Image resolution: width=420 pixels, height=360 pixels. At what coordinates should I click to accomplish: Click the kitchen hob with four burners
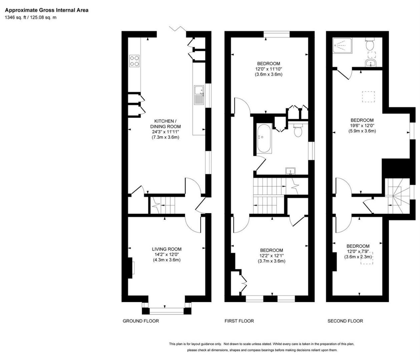pyautogui.click(x=135, y=61)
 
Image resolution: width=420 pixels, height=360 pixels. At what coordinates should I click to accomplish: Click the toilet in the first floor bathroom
pyautogui.click(x=298, y=130)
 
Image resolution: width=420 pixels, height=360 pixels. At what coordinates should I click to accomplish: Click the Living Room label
pyautogui.click(x=166, y=249)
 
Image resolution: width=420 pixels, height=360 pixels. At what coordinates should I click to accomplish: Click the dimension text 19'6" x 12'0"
pyautogui.click(x=362, y=126)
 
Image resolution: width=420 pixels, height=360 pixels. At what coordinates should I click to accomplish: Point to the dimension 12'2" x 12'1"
pyautogui.click(x=272, y=256)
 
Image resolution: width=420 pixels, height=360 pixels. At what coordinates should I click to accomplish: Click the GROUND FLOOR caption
pyautogui.click(x=141, y=321)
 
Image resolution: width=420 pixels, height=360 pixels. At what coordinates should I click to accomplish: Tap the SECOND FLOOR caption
pyautogui.click(x=345, y=321)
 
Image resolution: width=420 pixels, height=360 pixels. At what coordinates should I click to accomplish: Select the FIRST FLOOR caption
pyautogui.click(x=239, y=321)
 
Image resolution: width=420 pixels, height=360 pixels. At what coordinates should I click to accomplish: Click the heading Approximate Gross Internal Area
pyautogui.click(x=47, y=10)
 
